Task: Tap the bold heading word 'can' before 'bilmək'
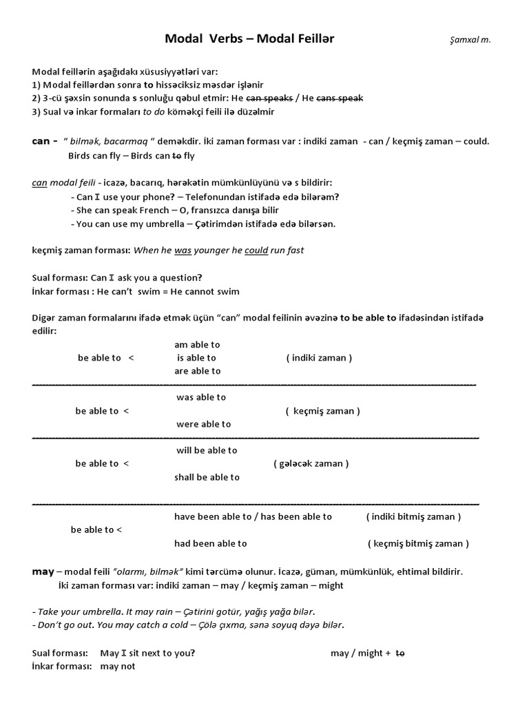41,141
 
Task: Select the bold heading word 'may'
43,572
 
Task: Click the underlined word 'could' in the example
256,250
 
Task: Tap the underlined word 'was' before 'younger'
183,250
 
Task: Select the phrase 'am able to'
197,345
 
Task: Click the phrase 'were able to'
204,424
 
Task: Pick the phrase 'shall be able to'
207,477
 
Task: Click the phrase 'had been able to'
211,543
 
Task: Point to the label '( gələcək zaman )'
311,464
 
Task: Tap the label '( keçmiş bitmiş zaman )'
418,543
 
